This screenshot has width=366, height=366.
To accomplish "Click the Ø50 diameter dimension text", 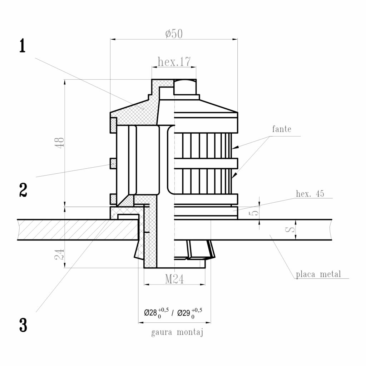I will click(174, 34).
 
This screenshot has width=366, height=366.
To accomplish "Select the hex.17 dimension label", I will click(174, 62).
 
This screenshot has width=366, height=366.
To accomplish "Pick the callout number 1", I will click(23, 46).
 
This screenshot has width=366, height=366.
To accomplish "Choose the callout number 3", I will click(23, 325).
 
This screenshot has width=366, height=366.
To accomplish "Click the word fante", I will click(282, 129).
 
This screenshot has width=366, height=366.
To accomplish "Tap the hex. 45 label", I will click(310, 194).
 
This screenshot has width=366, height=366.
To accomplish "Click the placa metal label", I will click(318, 274).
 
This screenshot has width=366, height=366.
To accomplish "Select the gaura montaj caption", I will click(177, 333).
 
